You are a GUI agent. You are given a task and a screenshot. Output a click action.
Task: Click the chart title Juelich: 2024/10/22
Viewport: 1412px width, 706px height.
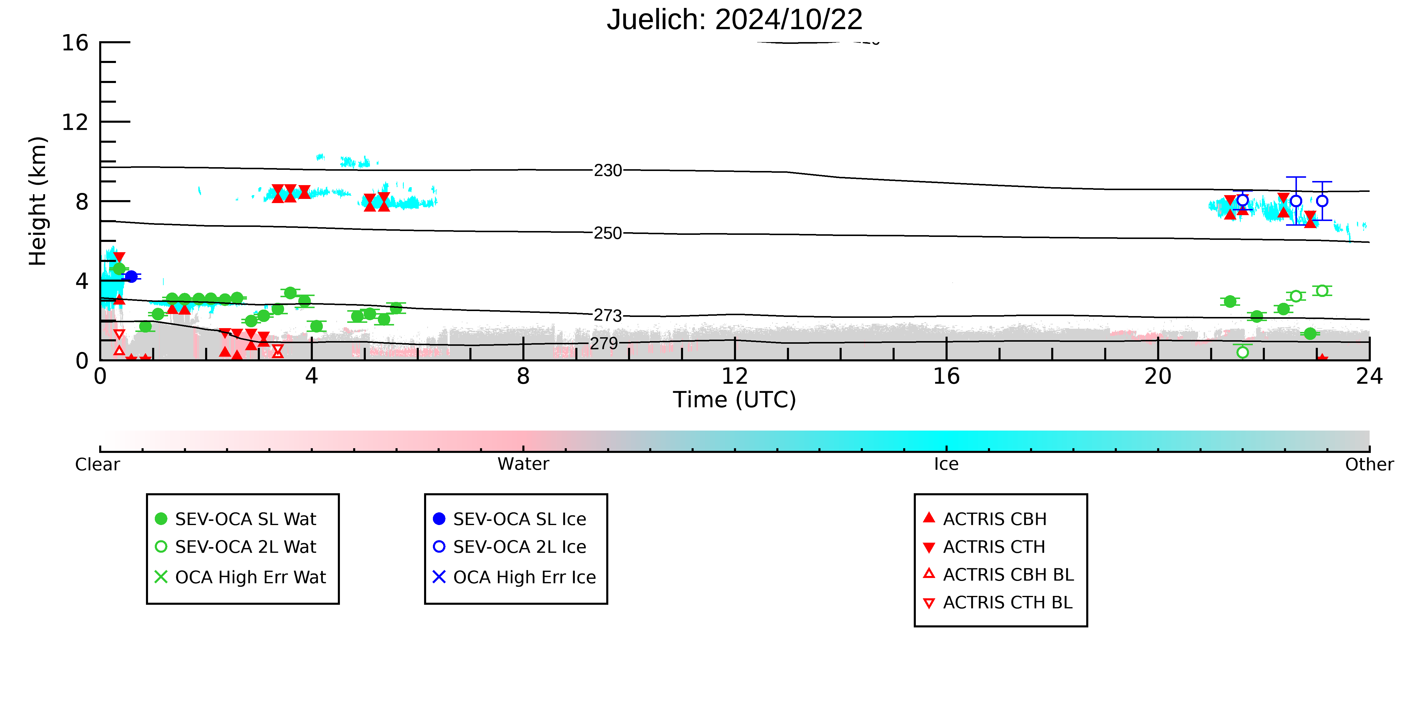coord(735,20)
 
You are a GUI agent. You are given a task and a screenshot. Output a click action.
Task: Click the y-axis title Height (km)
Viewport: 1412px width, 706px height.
coord(38,201)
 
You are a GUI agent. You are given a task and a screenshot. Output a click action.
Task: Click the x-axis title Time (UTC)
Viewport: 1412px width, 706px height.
coord(735,400)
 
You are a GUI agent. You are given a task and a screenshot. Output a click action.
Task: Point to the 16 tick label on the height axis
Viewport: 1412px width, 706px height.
coord(75,43)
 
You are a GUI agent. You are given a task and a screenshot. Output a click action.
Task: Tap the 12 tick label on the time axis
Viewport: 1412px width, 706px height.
coord(735,376)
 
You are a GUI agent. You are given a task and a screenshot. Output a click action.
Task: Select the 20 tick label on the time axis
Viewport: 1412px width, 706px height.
coord(1158,376)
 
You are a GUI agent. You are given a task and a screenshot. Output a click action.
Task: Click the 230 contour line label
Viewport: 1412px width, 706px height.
coord(608,170)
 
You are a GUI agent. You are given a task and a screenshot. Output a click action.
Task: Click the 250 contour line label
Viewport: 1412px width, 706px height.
coord(608,233)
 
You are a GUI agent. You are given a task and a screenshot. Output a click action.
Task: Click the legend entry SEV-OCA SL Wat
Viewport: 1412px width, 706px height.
coord(236,519)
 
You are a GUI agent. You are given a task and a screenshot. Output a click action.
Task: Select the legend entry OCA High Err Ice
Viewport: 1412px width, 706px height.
coord(514,577)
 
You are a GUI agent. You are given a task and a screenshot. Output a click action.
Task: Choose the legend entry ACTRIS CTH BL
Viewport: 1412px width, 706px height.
coord(998,602)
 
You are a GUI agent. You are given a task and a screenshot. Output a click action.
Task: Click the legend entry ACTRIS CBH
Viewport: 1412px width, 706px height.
coord(985,519)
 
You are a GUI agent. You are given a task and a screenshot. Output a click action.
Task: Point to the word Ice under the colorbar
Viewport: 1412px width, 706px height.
coord(946,464)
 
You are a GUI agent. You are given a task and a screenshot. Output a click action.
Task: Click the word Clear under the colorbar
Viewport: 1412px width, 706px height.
coord(98,464)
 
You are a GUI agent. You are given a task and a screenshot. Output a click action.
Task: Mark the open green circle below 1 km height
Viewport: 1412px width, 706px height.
coord(1242,352)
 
